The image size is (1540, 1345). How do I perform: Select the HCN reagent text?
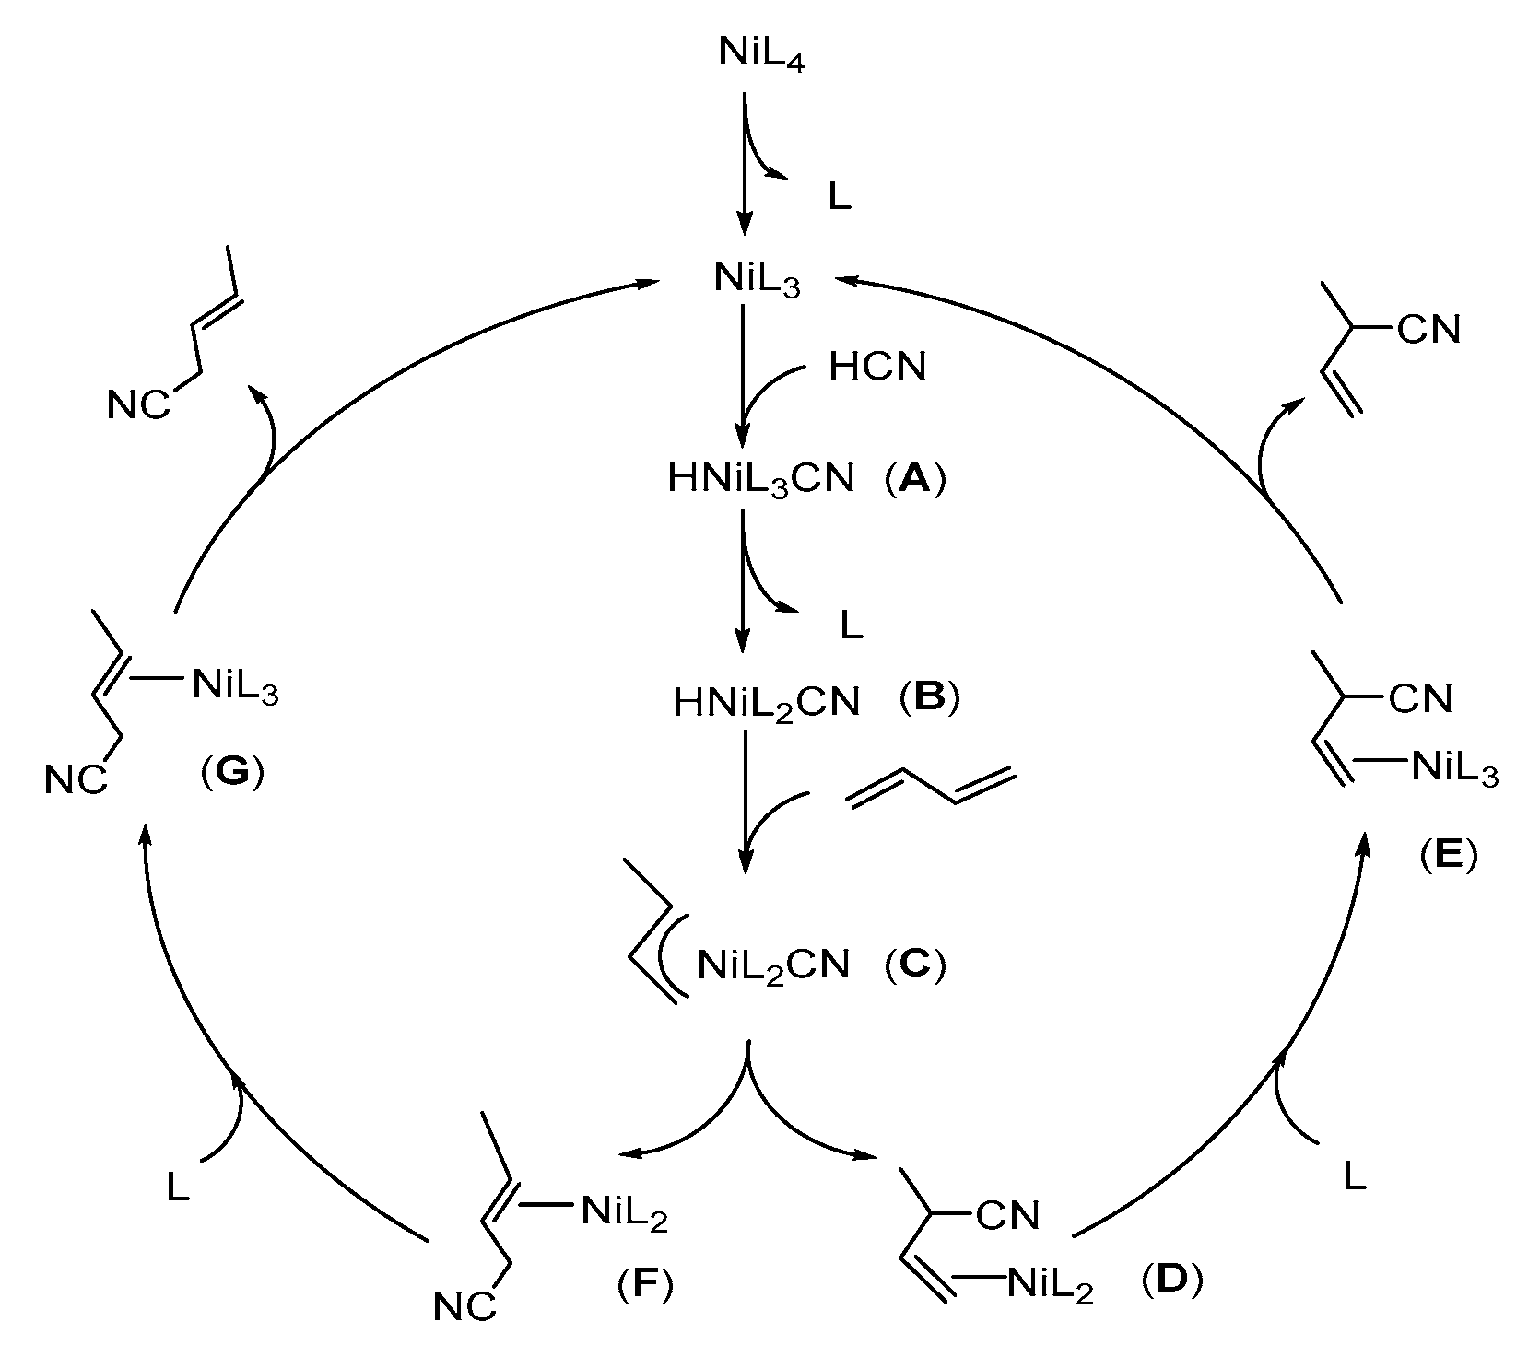point(877,368)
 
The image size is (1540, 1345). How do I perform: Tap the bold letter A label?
point(915,479)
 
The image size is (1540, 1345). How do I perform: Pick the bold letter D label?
point(1171,1281)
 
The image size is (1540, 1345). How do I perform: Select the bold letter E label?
point(1448,856)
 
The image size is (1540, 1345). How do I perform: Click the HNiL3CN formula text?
point(761,480)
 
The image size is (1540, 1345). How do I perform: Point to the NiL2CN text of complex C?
point(772,967)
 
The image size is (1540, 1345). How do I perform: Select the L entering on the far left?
point(178,1187)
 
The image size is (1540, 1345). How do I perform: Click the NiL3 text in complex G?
point(235,686)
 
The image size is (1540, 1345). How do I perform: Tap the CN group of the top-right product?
point(1428,329)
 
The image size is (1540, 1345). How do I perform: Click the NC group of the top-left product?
point(139,405)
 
